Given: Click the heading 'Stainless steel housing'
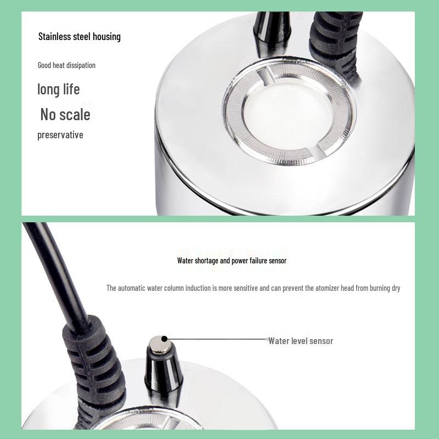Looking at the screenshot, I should (79, 37).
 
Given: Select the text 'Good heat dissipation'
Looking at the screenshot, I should (66, 65).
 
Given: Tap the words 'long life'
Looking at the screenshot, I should (58, 89).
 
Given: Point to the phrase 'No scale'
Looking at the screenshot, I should (65, 115).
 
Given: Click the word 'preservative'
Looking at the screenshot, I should (60, 135).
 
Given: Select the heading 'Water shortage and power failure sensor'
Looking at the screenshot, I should (232, 261).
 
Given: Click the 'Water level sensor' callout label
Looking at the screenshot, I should (300, 341).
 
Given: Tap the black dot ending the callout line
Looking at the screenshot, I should (164, 340).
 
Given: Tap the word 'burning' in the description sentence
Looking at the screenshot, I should (376, 288).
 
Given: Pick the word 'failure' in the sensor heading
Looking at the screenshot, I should (256, 261).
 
